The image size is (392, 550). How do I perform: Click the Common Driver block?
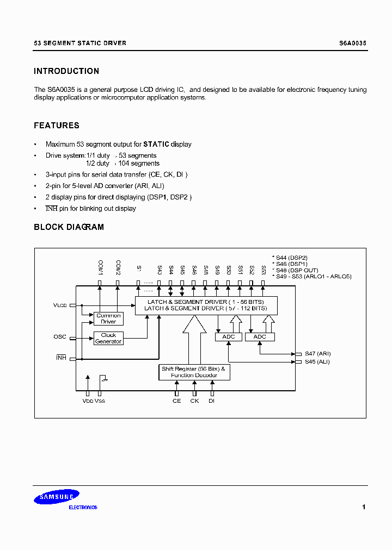[108, 318]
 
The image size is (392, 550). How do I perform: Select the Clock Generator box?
[108, 338]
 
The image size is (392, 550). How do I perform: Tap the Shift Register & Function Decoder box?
[194, 372]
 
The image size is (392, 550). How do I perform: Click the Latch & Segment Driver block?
[206, 305]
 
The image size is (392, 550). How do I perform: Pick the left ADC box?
[229, 337]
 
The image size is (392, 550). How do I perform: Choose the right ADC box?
[260, 337]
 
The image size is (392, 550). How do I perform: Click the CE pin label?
[176, 401]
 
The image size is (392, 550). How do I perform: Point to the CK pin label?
[194, 401]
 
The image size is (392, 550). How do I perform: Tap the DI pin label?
[212, 401]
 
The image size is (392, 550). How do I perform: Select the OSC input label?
[60, 337]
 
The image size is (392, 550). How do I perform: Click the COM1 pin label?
[101, 266]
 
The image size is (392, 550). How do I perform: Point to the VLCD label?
[60, 305]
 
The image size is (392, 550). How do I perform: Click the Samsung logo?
[57, 497]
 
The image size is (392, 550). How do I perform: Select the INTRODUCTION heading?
[66, 71]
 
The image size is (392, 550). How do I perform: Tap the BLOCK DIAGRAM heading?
[69, 227]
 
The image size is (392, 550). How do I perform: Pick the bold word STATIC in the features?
[156, 145]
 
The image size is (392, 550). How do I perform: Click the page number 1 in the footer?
[364, 507]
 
